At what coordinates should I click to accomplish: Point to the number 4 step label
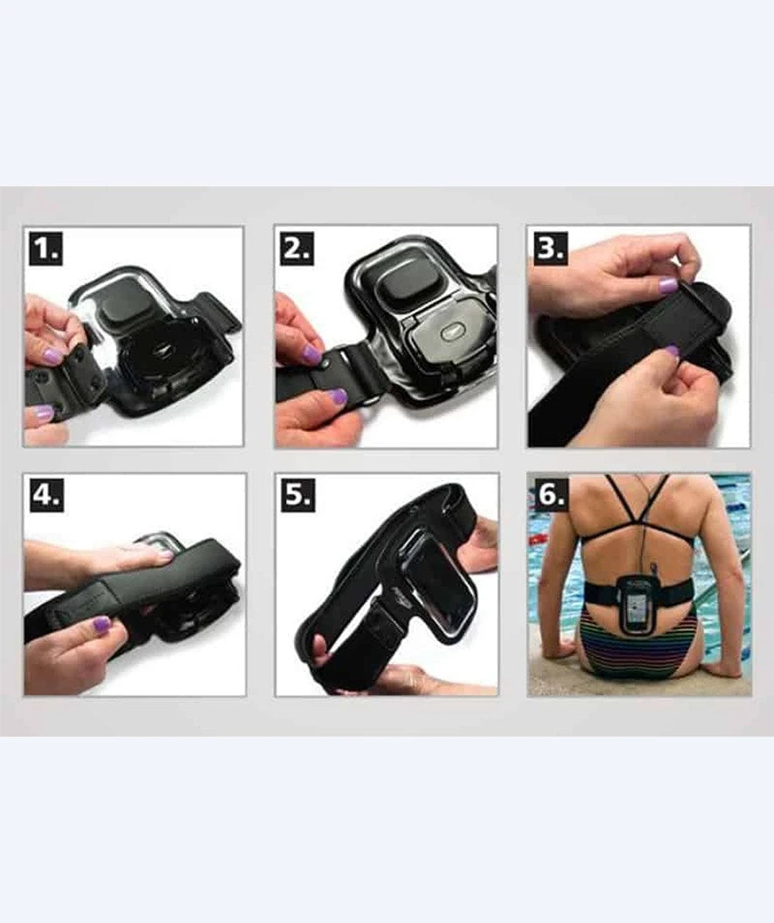46,496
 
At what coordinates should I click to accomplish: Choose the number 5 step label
297,496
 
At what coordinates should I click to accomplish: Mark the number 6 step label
550,496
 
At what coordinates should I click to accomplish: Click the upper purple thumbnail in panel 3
668,285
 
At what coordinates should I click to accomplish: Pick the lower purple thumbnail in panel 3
671,352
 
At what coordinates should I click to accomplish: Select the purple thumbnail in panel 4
101,624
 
